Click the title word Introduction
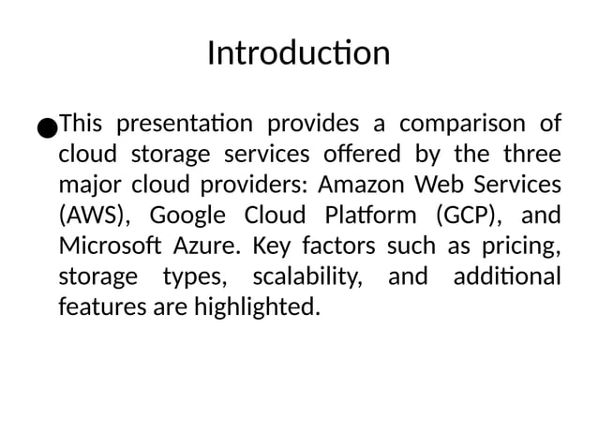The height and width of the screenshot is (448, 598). tap(298, 52)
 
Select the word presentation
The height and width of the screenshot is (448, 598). tap(185, 125)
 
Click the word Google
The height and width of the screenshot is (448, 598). tap(187, 215)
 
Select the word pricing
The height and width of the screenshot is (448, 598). tap(526, 246)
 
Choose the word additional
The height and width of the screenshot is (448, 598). tap(506, 276)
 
